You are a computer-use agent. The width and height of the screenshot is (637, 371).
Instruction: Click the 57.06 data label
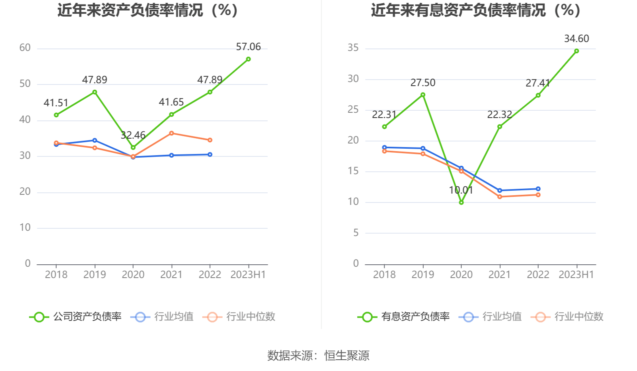point(248,47)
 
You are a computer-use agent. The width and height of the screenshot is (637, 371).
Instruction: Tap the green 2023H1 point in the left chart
point(248,59)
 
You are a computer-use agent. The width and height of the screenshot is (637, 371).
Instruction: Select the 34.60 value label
point(576,39)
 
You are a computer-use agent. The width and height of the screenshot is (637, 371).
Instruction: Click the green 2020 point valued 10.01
point(461,202)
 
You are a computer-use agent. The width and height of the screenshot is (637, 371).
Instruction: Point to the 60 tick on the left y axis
point(25,48)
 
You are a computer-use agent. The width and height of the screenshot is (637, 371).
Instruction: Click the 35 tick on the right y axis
point(353,48)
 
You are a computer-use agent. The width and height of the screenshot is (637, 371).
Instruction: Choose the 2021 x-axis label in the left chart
point(171,275)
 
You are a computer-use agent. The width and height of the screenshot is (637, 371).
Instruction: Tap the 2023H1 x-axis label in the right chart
point(576,275)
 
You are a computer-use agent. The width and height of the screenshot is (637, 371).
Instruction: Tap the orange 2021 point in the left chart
point(171,133)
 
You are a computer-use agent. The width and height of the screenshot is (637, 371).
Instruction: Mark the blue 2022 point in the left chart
point(210,154)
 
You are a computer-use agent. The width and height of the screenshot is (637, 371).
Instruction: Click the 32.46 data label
point(133,135)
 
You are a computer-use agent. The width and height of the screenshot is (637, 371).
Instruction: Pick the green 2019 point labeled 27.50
point(423,95)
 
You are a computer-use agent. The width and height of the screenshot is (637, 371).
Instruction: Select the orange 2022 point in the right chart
point(538,195)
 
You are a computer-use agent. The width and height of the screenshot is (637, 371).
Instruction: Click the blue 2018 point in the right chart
point(384,148)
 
